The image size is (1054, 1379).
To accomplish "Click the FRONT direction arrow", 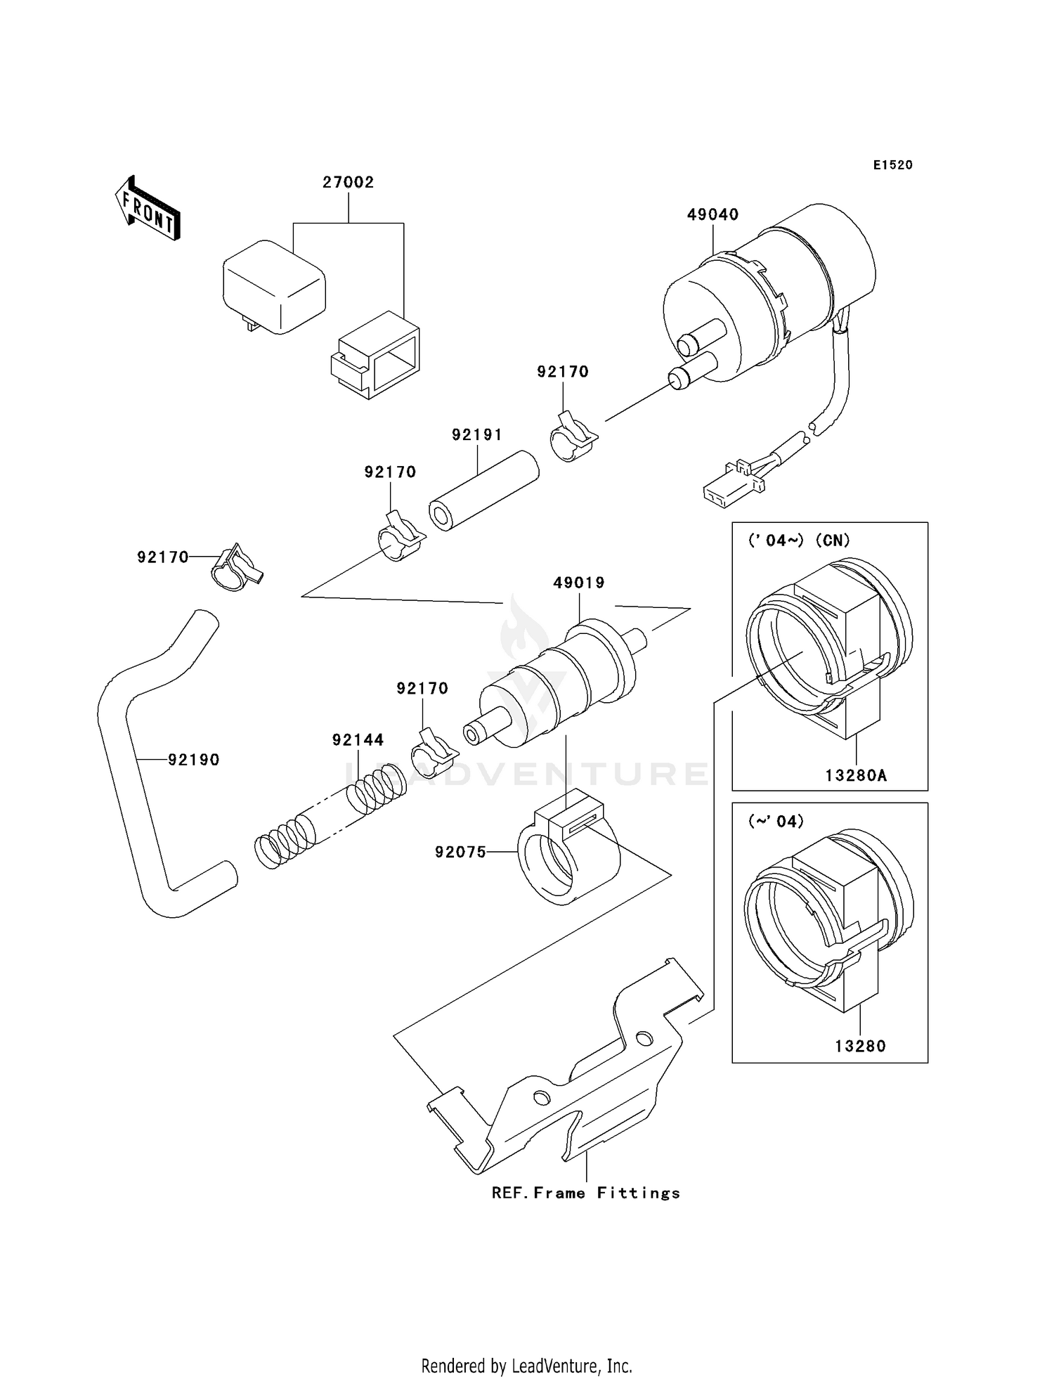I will (148, 209).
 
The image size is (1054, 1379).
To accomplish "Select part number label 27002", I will (348, 182).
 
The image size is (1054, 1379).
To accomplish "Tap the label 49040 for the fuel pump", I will (713, 214).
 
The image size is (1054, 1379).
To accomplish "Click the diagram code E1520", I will (892, 165).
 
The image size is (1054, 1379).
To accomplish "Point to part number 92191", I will (477, 435).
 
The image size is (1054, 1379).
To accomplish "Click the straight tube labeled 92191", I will (483, 491).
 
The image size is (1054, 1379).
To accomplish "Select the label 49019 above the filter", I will (578, 583).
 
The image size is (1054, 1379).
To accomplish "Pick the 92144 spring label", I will (358, 739).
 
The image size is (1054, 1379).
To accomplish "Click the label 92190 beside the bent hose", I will (193, 760).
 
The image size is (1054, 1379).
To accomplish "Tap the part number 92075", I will (460, 852).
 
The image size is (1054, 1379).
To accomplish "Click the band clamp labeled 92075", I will (568, 857).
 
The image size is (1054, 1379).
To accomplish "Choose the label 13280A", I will (855, 775).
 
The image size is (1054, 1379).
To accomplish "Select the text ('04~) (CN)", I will (799, 540).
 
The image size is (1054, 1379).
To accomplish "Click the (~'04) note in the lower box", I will (776, 821).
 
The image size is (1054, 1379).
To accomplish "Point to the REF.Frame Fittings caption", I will (585, 1193).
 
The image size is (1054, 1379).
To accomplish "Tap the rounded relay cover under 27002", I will (274, 285).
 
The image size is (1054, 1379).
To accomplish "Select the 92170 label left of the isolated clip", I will (162, 557).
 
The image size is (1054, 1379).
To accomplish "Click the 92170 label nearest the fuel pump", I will (562, 372).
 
